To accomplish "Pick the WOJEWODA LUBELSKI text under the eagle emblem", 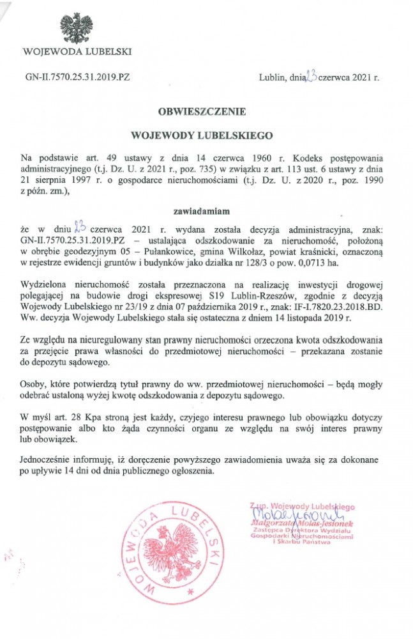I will (x=77, y=50).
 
